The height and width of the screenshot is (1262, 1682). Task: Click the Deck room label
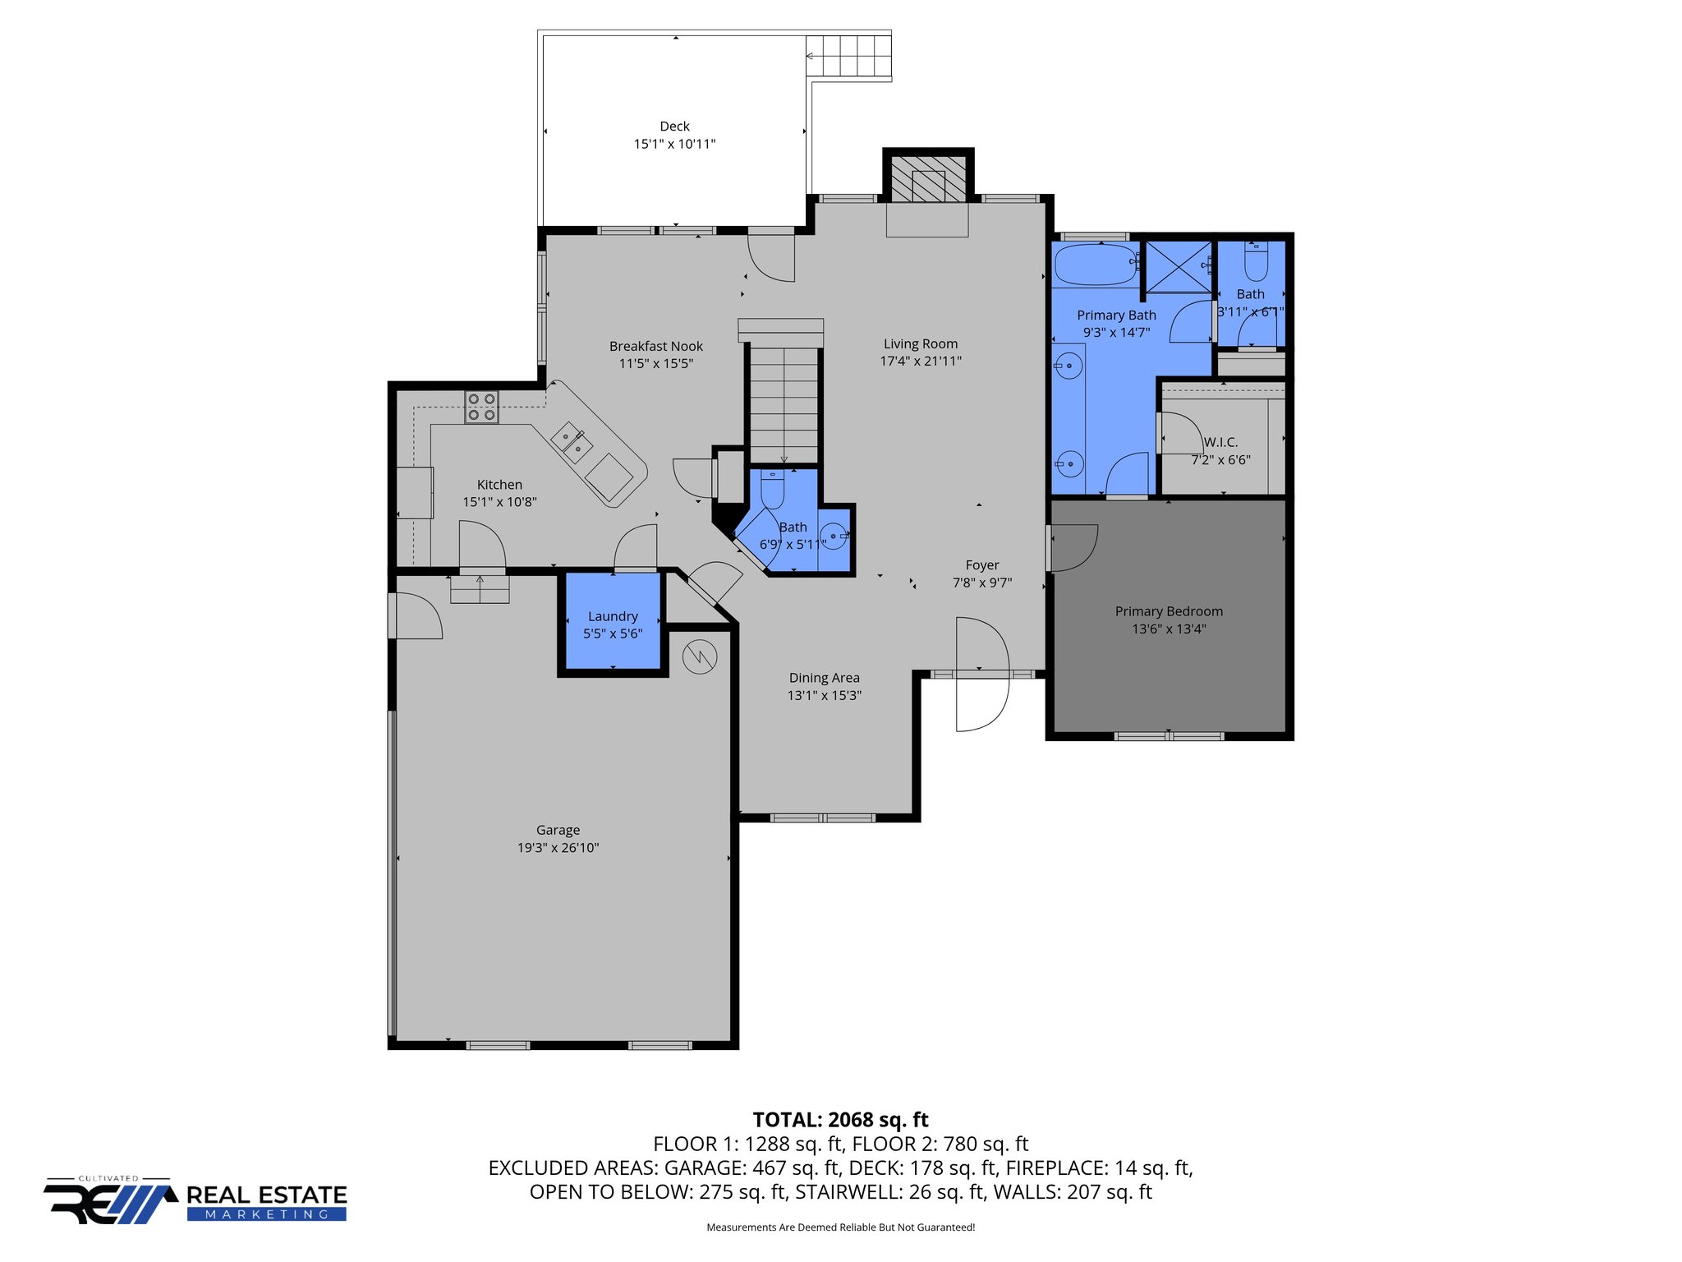pos(674,127)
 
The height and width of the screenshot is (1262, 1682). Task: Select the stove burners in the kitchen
pos(482,408)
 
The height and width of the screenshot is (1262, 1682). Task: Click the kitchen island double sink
pos(572,441)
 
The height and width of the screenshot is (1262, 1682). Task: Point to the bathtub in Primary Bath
pos(1096,264)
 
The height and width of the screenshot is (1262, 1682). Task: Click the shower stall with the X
pos(1179,266)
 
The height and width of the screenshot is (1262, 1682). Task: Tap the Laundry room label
pos(613,616)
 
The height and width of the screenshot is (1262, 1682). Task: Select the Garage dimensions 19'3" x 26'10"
pos(558,848)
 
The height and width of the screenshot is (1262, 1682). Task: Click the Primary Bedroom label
pos(1169,611)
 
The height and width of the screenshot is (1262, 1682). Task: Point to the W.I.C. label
pos(1220,442)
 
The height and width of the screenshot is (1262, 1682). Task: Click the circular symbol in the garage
pos(700,656)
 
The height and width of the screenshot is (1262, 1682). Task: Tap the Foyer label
pos(982,565)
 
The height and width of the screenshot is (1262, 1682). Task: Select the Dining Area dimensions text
pos(824,695)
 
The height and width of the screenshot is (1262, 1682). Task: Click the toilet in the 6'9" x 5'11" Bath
pos(772,490)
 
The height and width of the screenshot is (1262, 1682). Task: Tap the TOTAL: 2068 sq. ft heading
pos(840,1120)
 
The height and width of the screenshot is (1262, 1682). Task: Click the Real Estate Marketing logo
pos(195,1203)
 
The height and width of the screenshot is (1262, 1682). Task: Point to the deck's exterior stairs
pos(848,57)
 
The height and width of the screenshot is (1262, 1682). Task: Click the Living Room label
pos(921,343)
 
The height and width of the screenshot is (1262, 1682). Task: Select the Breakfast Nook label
pos(655,346)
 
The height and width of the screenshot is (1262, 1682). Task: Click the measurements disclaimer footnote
pos(840,1227)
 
